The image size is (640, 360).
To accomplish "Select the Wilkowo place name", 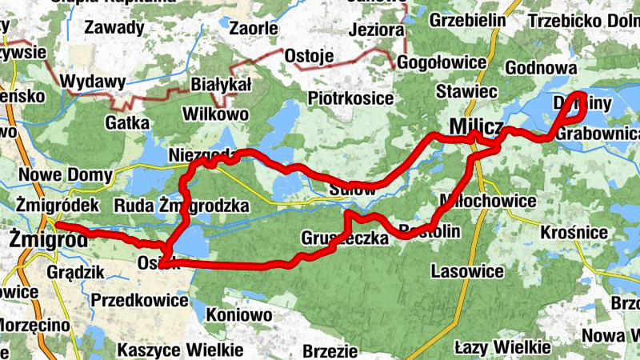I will pos(215,114).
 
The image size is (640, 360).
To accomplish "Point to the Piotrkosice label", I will pos(351,98).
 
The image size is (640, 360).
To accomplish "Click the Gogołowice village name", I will pos(441,62).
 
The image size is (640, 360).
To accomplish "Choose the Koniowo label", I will pos(239,314).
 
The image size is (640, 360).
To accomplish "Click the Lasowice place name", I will pos(467,271).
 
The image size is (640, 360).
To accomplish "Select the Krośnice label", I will pos(575,232).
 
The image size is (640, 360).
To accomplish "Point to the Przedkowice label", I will pos(139,301).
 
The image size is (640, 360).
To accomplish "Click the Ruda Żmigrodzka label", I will pos(181,206).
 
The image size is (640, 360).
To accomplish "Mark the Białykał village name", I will pos(221,85).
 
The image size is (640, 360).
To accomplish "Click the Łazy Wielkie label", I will pos(502,347).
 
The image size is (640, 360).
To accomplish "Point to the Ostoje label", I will pos(308,56).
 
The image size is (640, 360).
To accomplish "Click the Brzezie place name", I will pos(330,350).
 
